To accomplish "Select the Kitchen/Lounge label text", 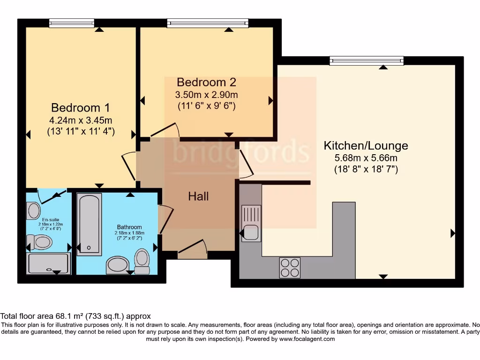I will pyautogui.click(x=366, y=145).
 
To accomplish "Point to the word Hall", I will pyautogui.click(x=198, y=196).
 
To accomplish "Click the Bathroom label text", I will pyautogui.click(x=130, y=227).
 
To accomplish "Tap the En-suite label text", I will pyautogui.click(x=50, y=219).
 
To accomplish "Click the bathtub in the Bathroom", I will pyautogui.click(x=89, y=225).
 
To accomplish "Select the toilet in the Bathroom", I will pyautogui.click(x=142, y=261).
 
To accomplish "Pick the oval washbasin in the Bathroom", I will pyautogui.click(x=117, y=265).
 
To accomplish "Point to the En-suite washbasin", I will pyautogui.click(x=34, y=210).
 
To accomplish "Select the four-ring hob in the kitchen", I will pyautogui.click(x=289, y=268).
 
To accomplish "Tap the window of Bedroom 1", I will pyautogui.click(x=71, y=23).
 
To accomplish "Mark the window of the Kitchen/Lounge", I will pyautogui.click(x=366, y=60).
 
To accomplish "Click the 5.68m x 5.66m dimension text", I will pyautogui.click(x=366, y=159).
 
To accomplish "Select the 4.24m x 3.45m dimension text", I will pyautogui.click(x=81, y=120).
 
